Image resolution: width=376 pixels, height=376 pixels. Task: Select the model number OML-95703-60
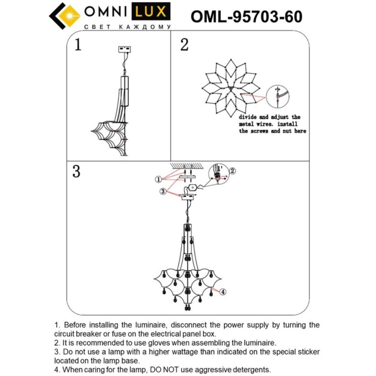247,17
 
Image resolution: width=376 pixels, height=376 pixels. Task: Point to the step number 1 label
78,45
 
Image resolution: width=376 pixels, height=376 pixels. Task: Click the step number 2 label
184,45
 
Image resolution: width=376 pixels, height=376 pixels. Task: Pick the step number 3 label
76,172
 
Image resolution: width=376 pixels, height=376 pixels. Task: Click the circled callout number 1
158,179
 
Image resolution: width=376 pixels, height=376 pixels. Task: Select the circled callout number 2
233,171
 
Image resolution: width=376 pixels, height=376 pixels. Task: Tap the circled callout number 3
163,191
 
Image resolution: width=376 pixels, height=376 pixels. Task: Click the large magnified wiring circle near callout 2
218,175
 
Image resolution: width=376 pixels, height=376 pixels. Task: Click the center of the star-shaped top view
230,88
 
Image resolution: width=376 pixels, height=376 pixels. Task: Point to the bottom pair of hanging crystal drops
187,308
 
